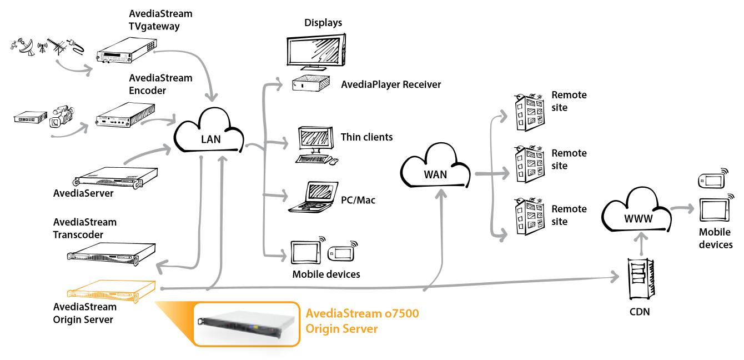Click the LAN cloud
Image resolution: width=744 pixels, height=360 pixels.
pyautogui.click(x=210, y=133)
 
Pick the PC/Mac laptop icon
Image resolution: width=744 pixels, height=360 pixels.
pyautogui.click(x=314, y=198)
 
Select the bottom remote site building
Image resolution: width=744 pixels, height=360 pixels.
pyautogui.click(x=527, y=219)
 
